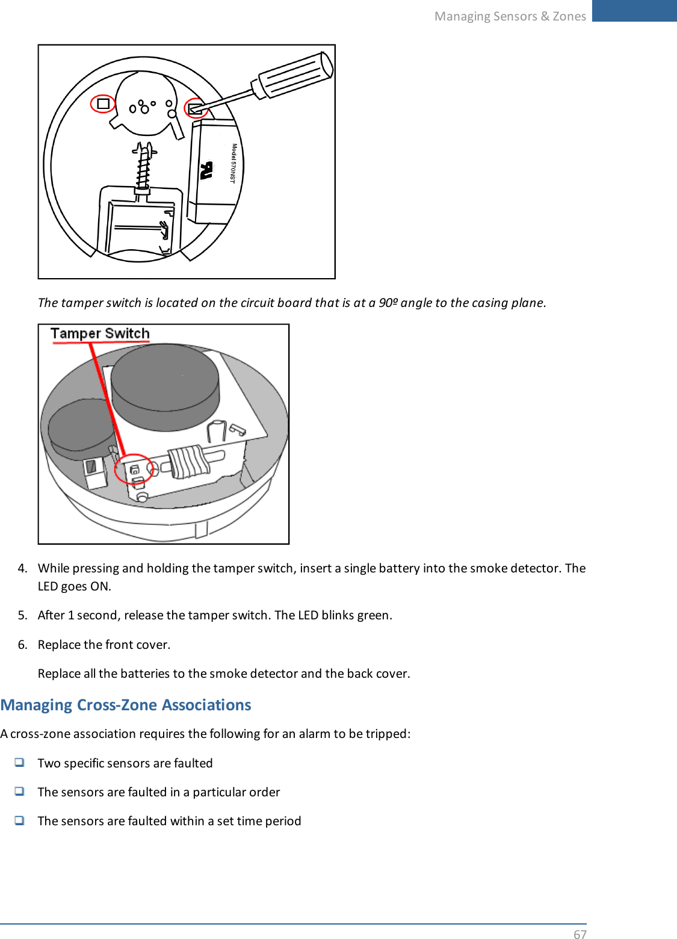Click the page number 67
coord(580,934)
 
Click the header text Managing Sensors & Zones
coord(510,16)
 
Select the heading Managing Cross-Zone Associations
coord(126,705)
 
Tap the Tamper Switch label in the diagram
coord(100,333)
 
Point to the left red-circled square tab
coord(103,104)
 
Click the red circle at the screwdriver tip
coord(196,108)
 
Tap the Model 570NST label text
coord(233,163)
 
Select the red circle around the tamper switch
coord(134,469)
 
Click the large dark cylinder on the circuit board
coord(165,386)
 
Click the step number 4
coord(22,568)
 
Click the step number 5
coord(22,615)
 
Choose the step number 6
coord(22,645)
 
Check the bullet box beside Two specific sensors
coord(20,763)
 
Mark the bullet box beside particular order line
coord(20,792)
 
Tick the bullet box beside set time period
coord(20,820)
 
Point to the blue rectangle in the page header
coord(634,11)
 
